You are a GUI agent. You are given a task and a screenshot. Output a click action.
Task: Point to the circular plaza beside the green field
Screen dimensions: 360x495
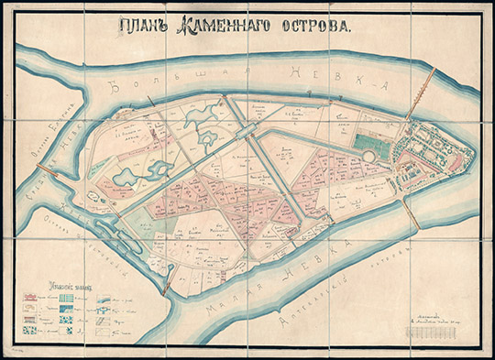pos(368,157)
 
